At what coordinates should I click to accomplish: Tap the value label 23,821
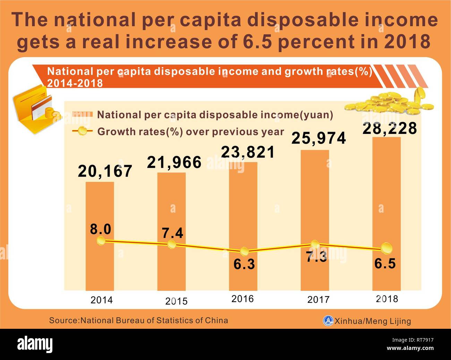click(x=248, y=152)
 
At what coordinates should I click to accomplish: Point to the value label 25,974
click(x=318, y=138)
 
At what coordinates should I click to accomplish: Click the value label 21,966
click(x=174, y=162)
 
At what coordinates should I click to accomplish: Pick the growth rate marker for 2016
click(x=244, y=251)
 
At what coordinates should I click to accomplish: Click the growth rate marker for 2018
click(x=386, y=248)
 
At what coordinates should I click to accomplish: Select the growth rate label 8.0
click(x=101, y=229)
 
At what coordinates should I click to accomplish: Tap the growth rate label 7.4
click(x=173, y=233)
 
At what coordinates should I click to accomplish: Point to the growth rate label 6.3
click(x=244, y=264)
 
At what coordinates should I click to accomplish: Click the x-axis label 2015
click(x=176, y=301)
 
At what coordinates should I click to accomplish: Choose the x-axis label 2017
click(x=318, y=300)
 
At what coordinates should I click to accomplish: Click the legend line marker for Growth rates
click(x=82, y=131)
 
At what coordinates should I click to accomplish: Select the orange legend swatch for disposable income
click(x=82, y=114)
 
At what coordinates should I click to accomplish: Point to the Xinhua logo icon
click(x=328, y=321)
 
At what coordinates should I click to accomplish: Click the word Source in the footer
click(x=64, y=320)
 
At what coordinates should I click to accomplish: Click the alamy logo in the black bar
click(x=35, y=344)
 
